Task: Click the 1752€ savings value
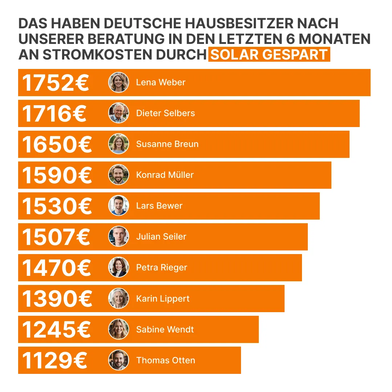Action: pos(56,83)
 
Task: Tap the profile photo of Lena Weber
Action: pos(119,82)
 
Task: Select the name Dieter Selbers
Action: pos(165,113)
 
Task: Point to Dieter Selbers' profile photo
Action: pos(119,113)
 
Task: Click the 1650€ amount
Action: pos(57,144)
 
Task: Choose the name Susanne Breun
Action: pos(167,144)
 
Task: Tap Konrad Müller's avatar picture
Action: pos(119,175)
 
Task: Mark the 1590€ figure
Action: pos(57,175)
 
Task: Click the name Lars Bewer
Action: pos(159,206)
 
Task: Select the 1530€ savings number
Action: pos(57,206)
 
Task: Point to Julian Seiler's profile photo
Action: pos(119,237)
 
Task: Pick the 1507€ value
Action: pos(56,237)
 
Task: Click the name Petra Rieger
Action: pos(162,268)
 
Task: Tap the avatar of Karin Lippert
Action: pos(119,298)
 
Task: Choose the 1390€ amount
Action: pos(57,299)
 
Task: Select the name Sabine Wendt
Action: pos(165,329)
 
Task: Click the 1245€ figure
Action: pos(56,330)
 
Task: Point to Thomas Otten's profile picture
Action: pos(119,360)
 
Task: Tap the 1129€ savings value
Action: pos(54,360)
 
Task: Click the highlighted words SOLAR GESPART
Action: pos(269,54)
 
